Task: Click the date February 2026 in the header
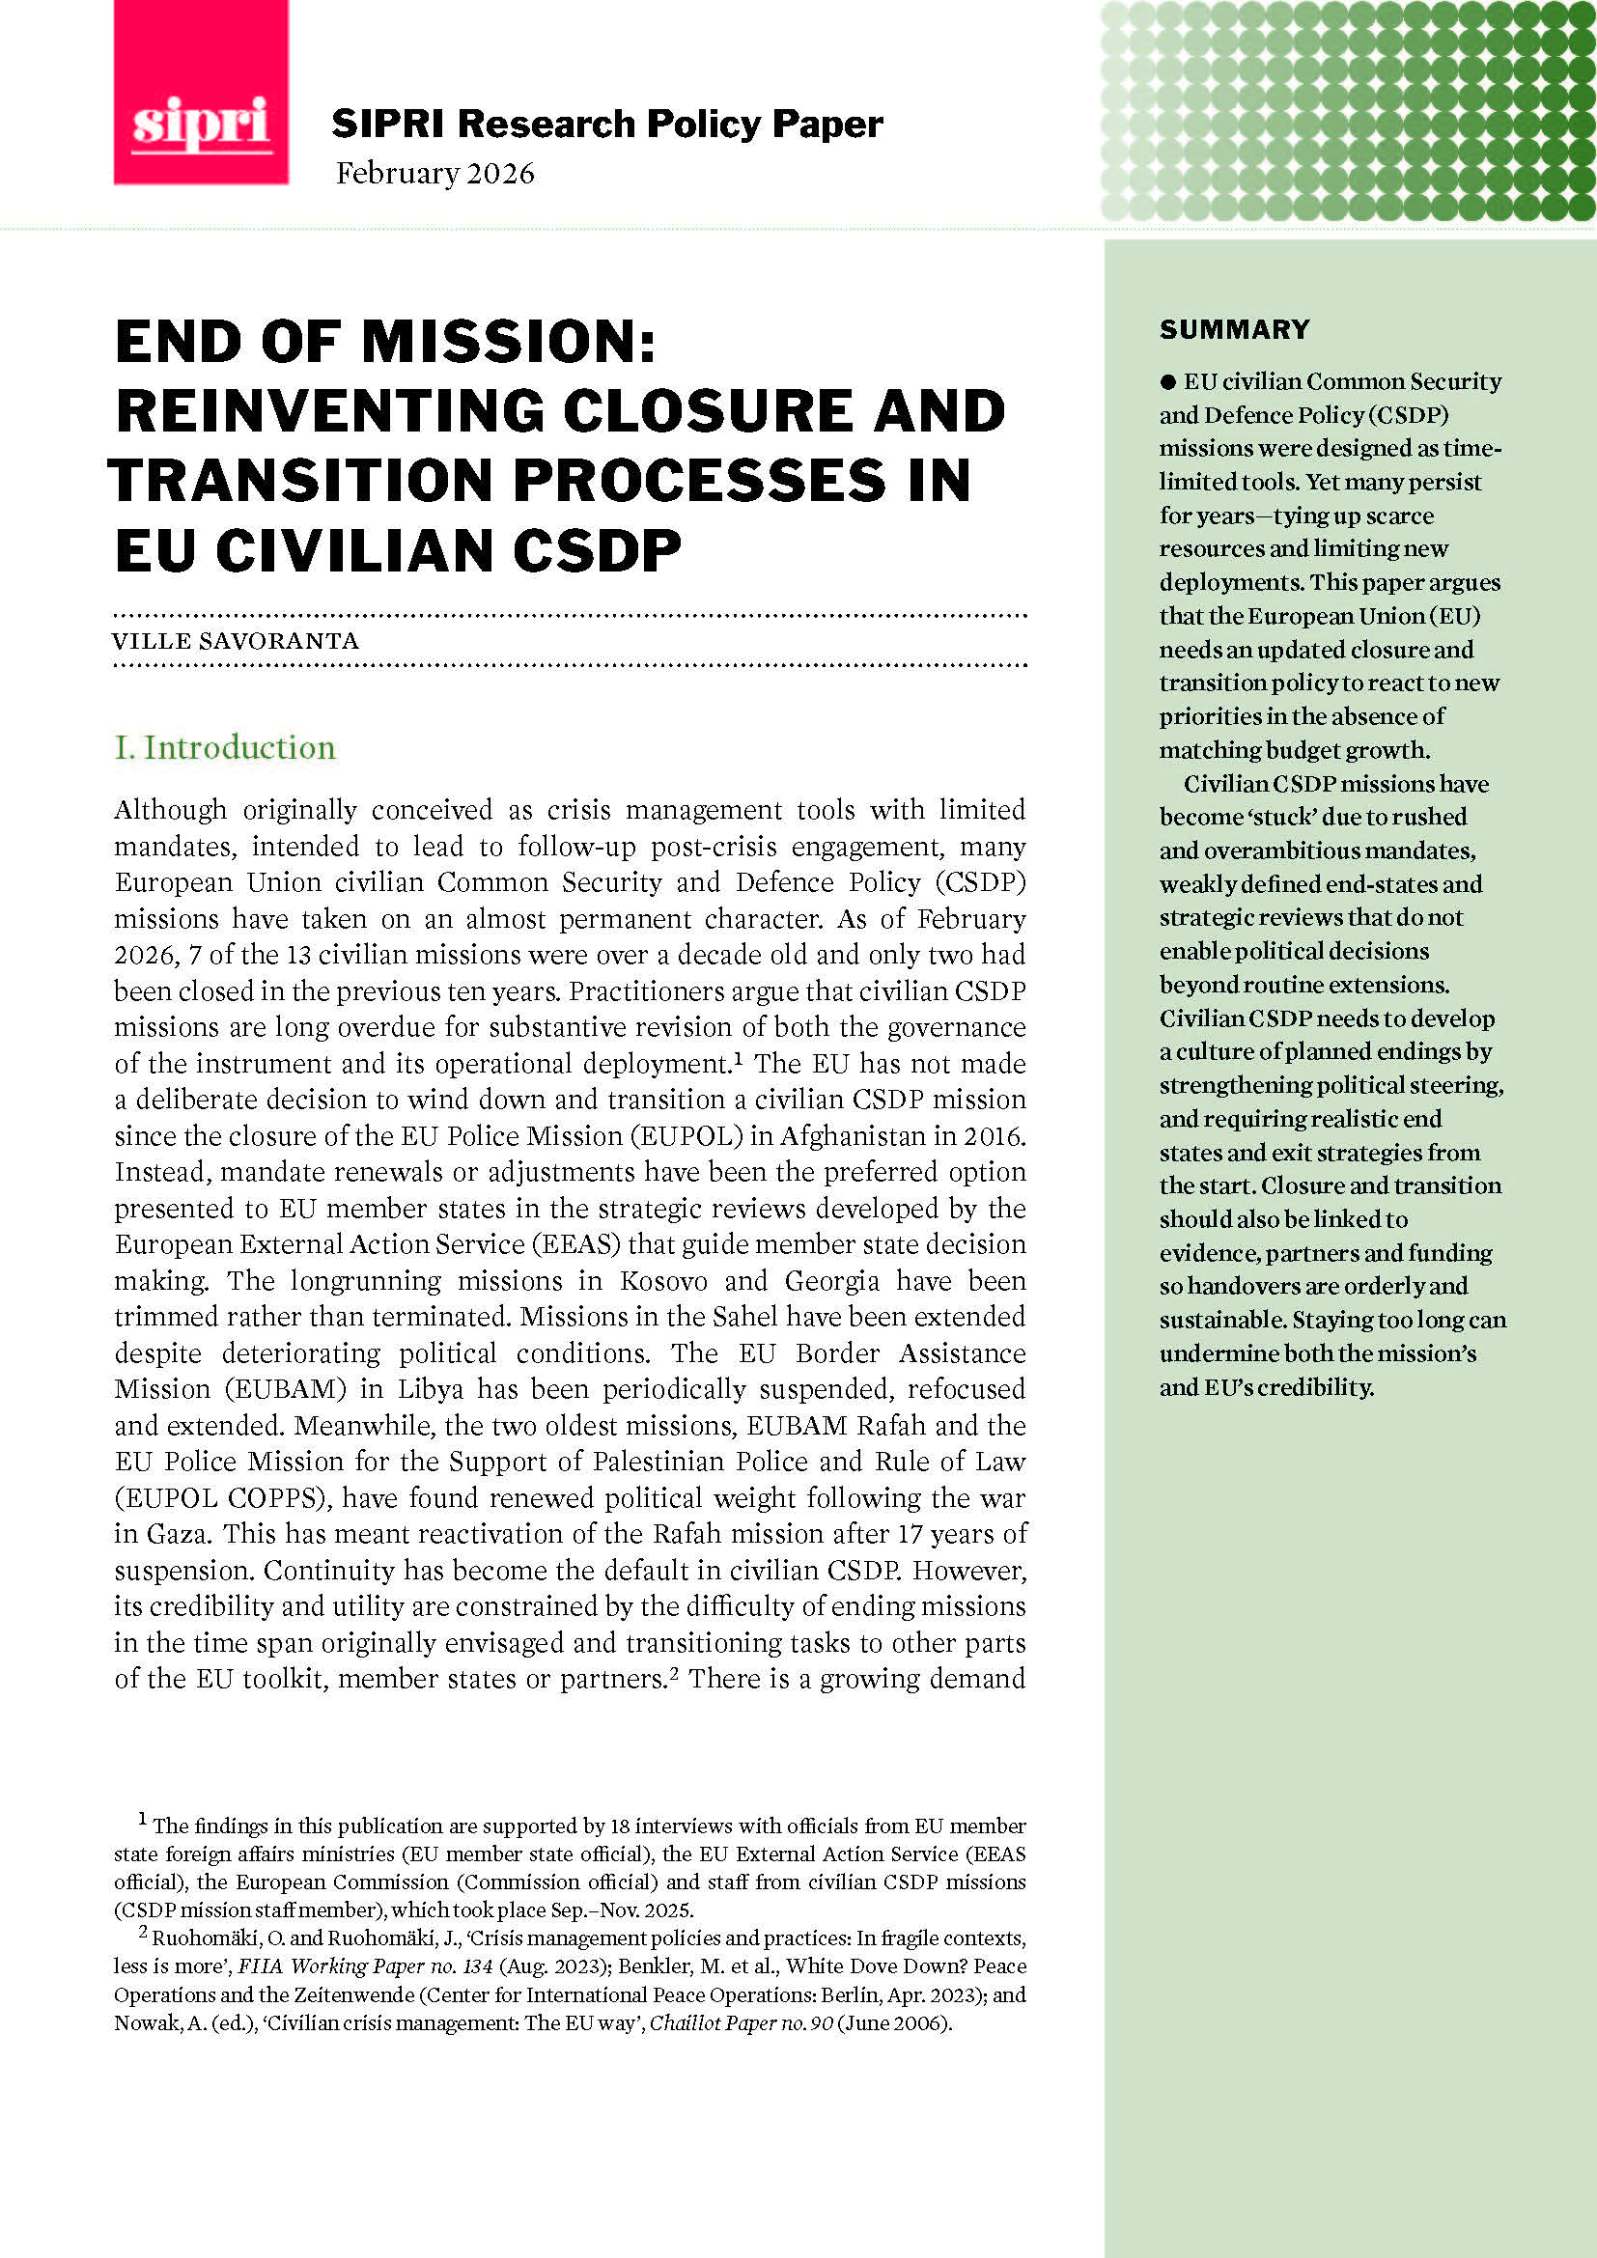[x=434, y=174]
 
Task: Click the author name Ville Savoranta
[x=236, y=641]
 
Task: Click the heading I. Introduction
[x=225, y=747]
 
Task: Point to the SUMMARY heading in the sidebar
[x=1234, y=329]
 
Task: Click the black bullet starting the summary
[x=1168, y=382]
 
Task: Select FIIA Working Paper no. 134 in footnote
[x=365, y=1966]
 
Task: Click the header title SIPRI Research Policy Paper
[x=606, y=125]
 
